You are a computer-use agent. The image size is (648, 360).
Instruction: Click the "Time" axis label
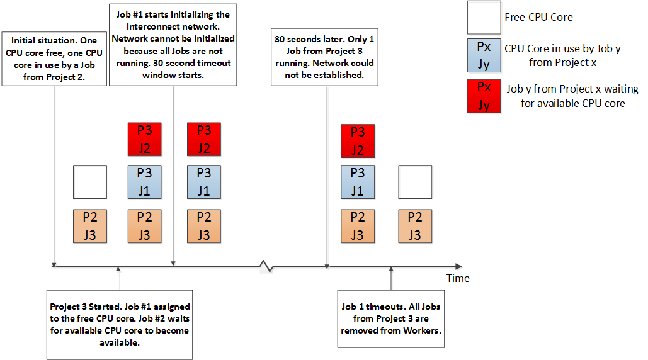(x=458, y=278)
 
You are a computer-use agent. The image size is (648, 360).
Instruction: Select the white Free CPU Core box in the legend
(x=484, y=17)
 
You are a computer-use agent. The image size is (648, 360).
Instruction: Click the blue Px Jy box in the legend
(x=484, y=55)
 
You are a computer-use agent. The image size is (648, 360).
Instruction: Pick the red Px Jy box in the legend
(x=484, y=96)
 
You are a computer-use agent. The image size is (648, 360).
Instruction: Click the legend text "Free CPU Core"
(x=538, y=17)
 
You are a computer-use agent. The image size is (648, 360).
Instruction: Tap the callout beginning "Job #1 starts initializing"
(x=173, y=43)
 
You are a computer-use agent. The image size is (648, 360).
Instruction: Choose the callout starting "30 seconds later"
(x=324, y=57)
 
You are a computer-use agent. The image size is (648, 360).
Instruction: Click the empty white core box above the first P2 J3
(x=90, y=182)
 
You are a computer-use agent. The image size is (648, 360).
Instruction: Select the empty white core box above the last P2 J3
(x=415, y=182)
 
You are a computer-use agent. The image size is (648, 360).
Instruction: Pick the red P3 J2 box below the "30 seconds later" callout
(x=357, y=140)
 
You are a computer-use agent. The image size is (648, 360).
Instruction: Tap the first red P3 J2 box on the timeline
(x=144, y=140)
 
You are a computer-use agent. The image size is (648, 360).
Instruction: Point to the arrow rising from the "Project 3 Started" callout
(x=118, y=278)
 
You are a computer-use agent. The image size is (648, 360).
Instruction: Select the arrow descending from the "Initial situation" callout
(x=54, y=176)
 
